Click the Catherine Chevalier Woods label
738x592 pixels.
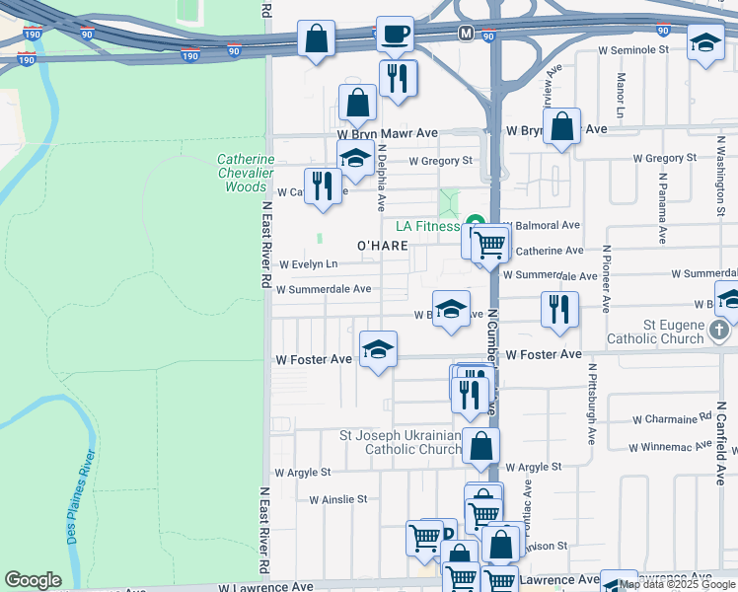click(x=246, y=173)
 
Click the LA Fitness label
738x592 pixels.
click(x=428, y=226)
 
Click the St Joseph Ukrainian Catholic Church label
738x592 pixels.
click(x=400, y=442)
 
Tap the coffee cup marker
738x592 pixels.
click(x=396, y=35)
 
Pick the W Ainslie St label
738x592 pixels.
click(x=337, y=500)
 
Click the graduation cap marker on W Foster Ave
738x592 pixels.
click(x=378, y=348)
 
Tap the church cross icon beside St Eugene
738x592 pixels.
click(x=726, y=336)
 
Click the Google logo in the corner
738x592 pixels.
click(x=33, y=580)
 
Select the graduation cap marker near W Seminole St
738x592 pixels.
click(x=705, y=42)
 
